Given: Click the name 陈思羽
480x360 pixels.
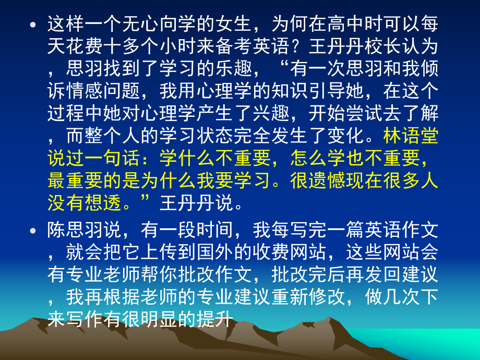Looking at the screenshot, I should tap(76, 230).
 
